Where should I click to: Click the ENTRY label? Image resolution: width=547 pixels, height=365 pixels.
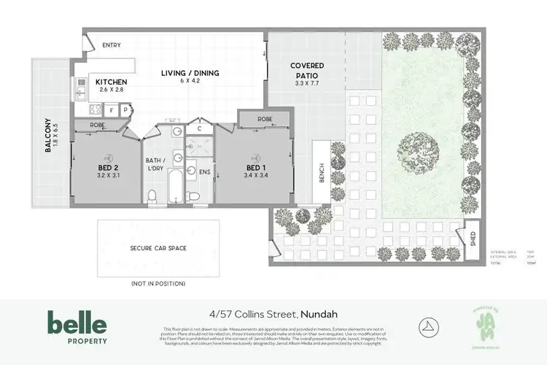tap(112, 45)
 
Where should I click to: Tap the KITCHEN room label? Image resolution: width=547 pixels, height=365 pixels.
tap(111, 82)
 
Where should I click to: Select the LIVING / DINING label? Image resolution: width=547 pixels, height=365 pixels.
tap(190, 73)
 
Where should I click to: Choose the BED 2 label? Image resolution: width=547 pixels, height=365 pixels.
tap(108, 167)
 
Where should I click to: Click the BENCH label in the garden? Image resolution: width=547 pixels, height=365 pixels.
tap(321, 172)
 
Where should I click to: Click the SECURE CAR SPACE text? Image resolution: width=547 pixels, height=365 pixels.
tap(158, 248)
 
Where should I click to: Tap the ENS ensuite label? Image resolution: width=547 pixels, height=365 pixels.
tap(205, 172)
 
